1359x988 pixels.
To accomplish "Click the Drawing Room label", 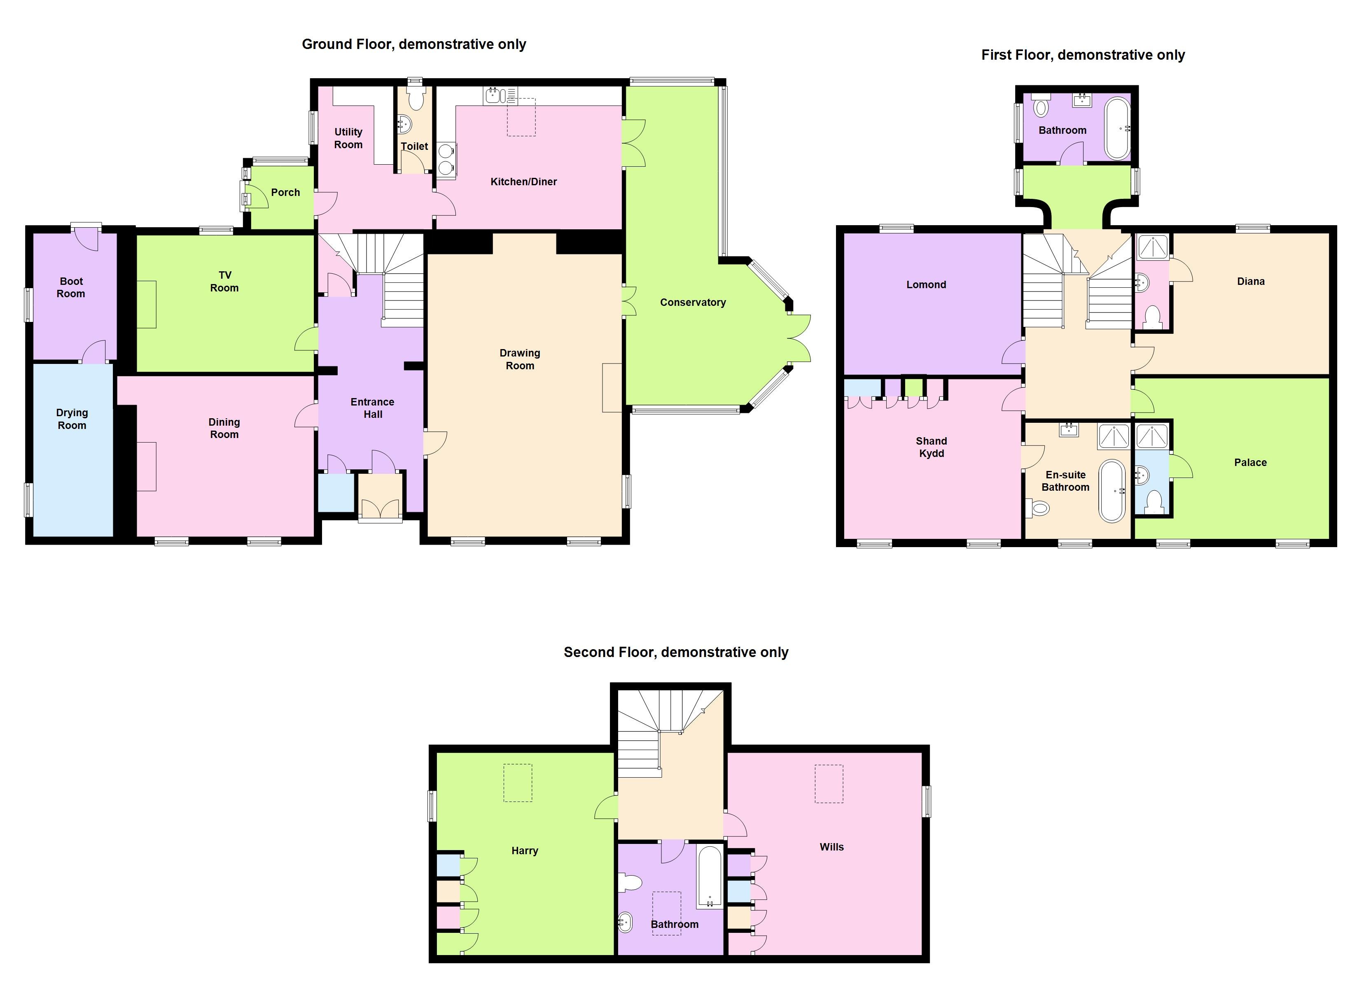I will pos(520,359).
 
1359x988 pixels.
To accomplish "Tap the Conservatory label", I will pos(693,303).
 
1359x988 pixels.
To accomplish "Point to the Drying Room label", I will pos(72,419).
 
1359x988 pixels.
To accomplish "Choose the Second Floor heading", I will pos(676,652).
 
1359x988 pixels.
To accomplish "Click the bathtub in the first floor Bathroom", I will pos(1117,128).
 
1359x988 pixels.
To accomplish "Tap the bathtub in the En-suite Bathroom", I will pos(1111,491).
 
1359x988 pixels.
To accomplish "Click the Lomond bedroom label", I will pos(926,284).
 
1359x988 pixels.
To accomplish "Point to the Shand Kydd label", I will pos(931,447).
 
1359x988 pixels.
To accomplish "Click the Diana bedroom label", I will pos(1251,282).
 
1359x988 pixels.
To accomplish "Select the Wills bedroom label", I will pos(831,847).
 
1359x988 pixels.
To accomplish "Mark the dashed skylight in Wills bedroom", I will pos(828,784).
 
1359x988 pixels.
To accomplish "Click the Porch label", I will pos(285,192).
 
